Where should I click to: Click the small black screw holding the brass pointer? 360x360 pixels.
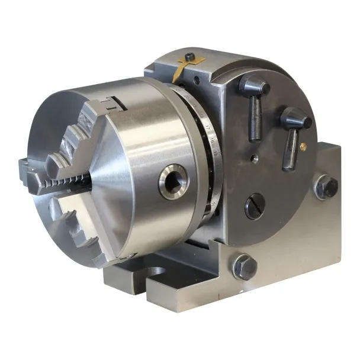189,57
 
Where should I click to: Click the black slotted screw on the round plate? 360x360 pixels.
255,205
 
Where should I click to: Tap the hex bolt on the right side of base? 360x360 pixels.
326,187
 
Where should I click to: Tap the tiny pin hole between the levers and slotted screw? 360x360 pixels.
253,159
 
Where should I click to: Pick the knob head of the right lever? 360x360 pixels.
295,119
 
